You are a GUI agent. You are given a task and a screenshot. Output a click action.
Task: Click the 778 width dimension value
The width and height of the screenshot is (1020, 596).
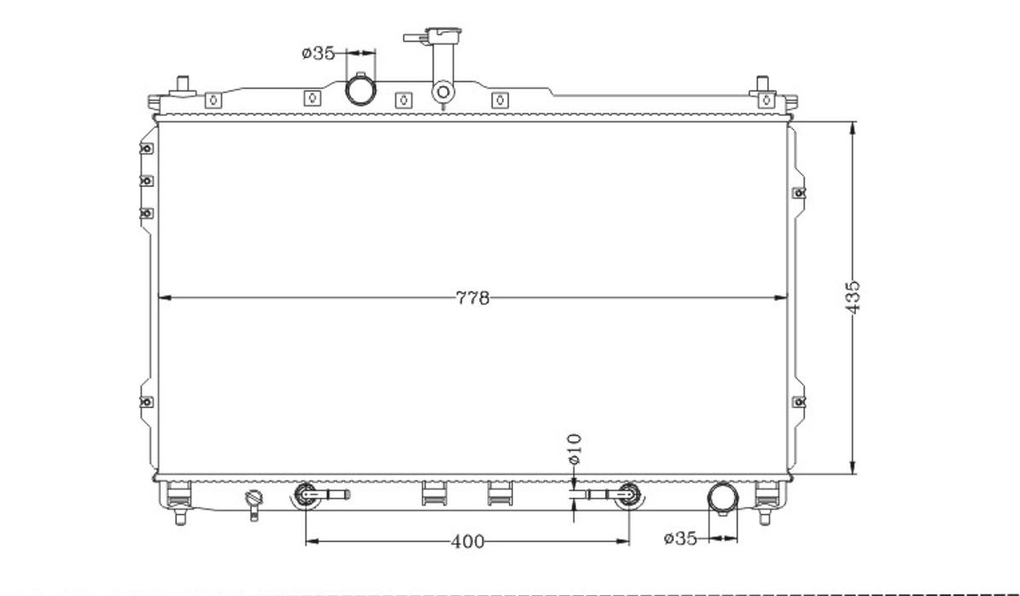(x=472, y=298)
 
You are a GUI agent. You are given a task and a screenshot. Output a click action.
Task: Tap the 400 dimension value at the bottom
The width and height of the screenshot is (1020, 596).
(x=467, y=541)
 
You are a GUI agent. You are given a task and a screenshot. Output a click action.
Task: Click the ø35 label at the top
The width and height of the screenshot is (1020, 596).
(x=318, y=53)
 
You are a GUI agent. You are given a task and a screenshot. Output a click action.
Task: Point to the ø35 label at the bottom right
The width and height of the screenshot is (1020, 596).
(x=679, y=538)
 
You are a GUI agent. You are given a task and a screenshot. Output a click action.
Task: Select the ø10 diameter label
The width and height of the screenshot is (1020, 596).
(x=574, y=449)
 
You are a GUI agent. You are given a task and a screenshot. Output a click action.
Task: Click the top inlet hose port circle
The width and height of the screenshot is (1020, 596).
(x=360, y=89)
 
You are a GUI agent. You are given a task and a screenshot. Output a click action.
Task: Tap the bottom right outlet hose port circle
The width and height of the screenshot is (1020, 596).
(x=723, y=498)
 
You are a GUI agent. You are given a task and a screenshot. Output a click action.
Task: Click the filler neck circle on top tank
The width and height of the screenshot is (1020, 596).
(x=443, y=91)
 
